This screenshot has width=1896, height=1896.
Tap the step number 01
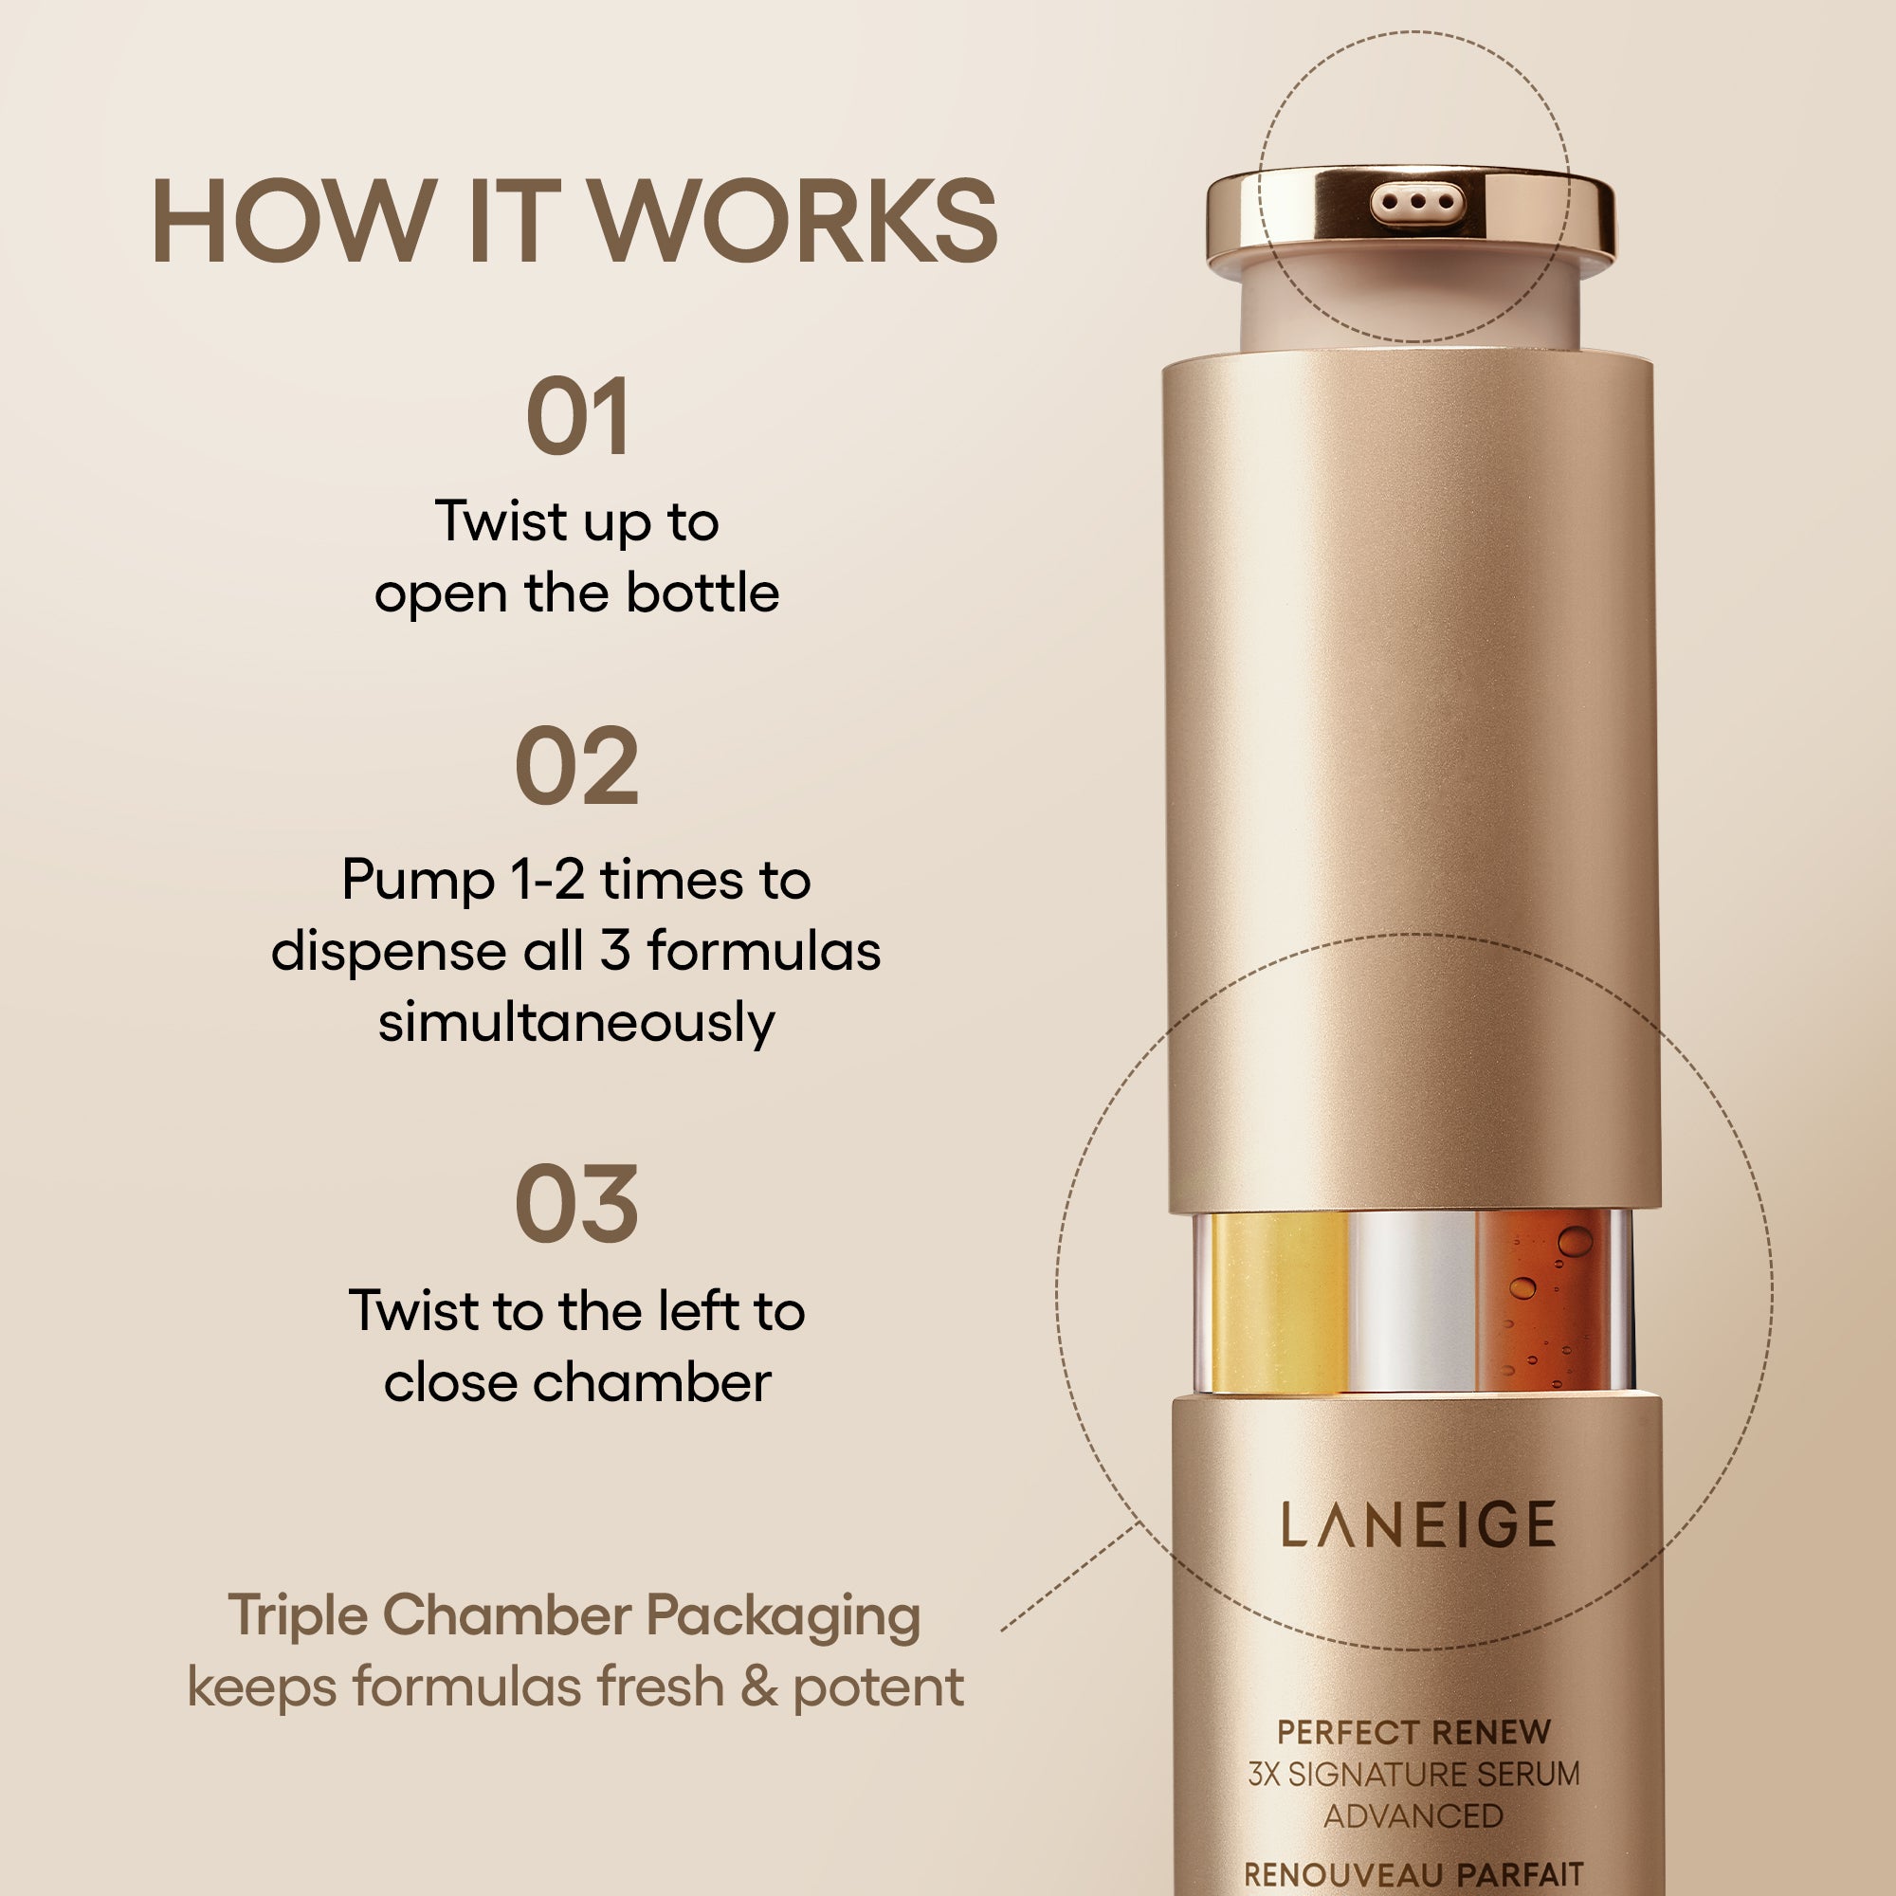tap(577, 417)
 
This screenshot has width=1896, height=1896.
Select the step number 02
tap(577, 768)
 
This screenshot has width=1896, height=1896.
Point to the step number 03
tap(577, 1205)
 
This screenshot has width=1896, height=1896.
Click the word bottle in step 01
tap(702, 592)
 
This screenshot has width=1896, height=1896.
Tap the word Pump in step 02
tap(418, 880)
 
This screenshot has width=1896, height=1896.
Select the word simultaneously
tap(577, 1023)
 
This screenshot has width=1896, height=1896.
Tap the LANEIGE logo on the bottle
tap(1418, 1525)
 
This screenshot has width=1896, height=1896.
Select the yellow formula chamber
tap(1279, 1302)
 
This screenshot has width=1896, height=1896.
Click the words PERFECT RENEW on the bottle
tap(1413, 1733)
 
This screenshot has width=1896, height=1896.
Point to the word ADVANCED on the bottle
tap(1413, 1816)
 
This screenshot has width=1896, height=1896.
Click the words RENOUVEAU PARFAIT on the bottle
tap(1413, 1874)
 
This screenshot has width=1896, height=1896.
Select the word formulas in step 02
tap(763, 951)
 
